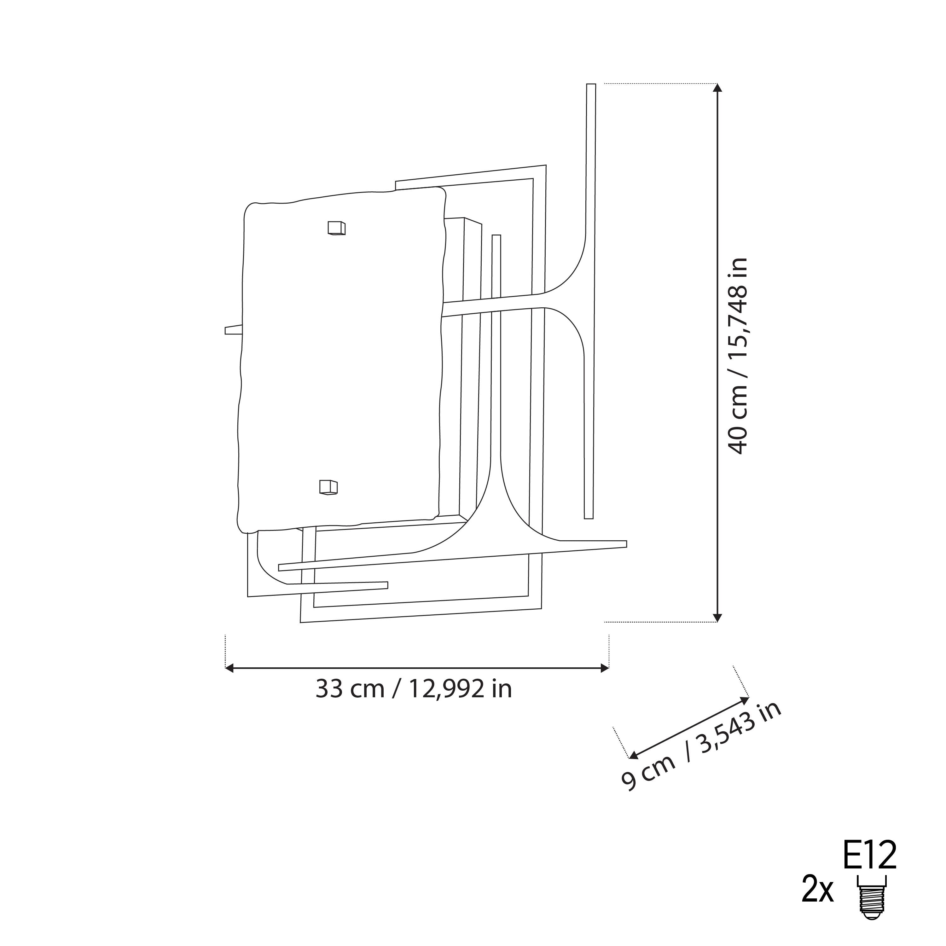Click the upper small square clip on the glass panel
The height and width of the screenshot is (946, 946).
pyautogui.click(x=336, y=228)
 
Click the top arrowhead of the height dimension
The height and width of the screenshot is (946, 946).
pyautogui.click(x=717, y=88)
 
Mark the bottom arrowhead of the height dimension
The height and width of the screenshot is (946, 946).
pyautogui.click(x=717, y=618)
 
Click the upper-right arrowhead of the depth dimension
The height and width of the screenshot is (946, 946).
pyautogui.click(x=745, y=699)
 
